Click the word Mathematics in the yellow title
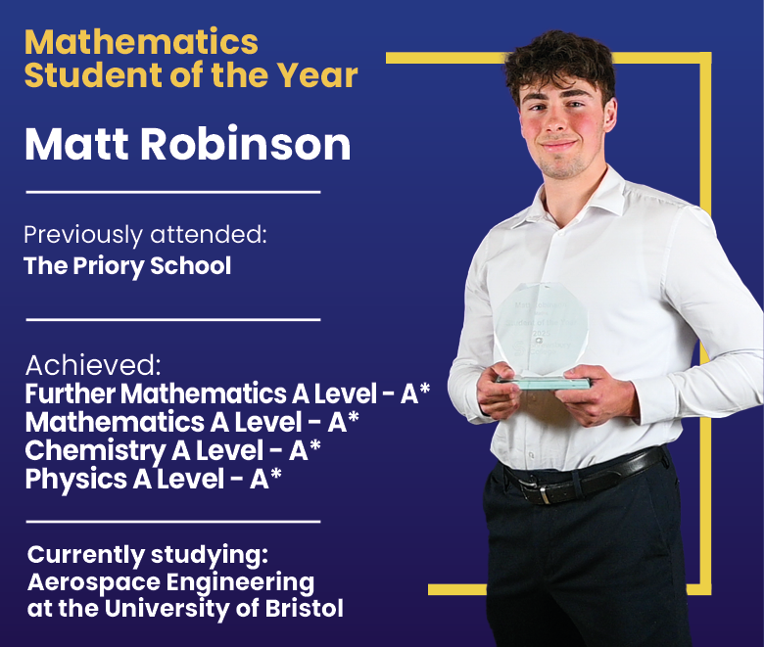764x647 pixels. pos(141,41)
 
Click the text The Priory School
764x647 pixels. pos(127,265)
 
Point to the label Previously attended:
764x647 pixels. pos(145,235)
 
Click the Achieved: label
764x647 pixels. pos(93,365)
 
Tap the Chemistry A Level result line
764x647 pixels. pos(172,451)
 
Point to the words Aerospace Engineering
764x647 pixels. pos(170,582)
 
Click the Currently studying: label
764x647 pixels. pos(147,555)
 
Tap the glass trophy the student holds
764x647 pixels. pos(540,333)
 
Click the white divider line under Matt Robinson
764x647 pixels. pos(172,192)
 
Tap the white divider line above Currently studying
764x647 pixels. pos(172,522)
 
